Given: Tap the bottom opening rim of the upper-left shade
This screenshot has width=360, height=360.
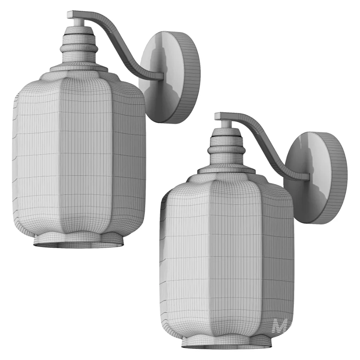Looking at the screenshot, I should coord(78,244).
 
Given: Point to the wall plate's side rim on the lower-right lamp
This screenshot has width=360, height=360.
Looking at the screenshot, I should coord(336,176).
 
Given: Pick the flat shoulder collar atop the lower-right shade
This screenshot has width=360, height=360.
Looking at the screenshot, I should coord(226,170).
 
